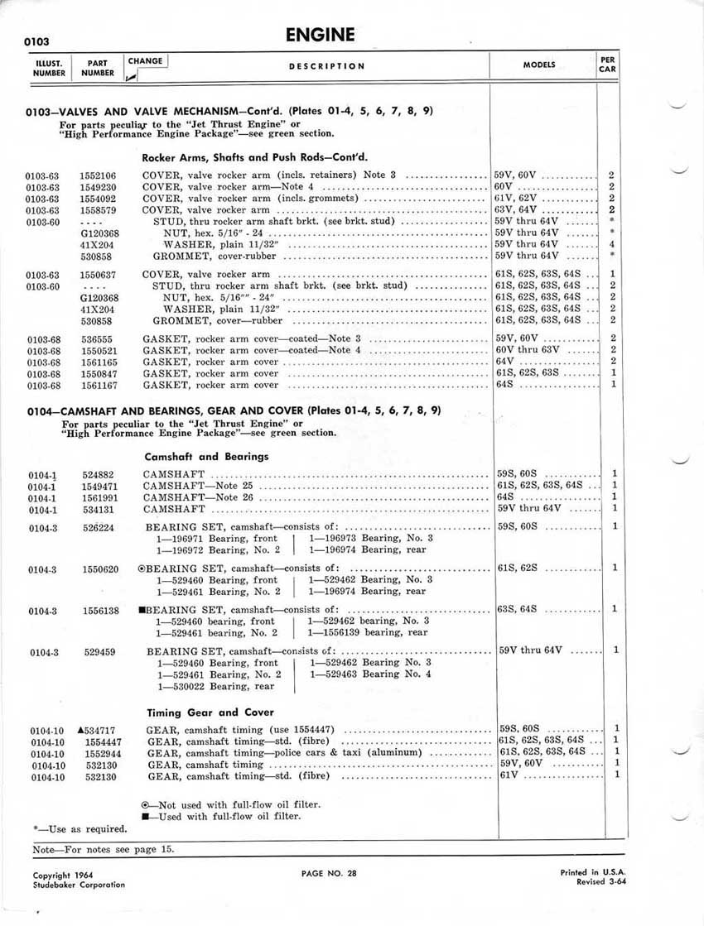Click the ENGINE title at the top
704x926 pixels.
[x=320, y=35]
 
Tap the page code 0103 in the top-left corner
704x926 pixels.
[x=37, y=41]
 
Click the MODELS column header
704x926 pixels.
[x=539, y=65]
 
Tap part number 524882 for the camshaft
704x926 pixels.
[x=99, y=474]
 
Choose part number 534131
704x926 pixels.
[x=99, y=509]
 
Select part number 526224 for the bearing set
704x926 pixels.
[x=99, y=527]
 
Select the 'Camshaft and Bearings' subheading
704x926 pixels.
[x=206, y=456]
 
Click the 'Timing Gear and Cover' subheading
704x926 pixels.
[x=210, y=712]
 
